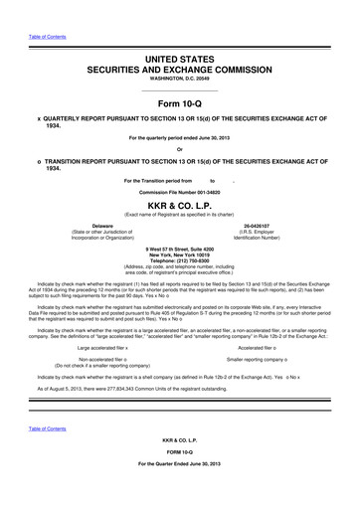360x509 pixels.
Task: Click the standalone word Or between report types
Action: pyautogui.click(x=180, y=151)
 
